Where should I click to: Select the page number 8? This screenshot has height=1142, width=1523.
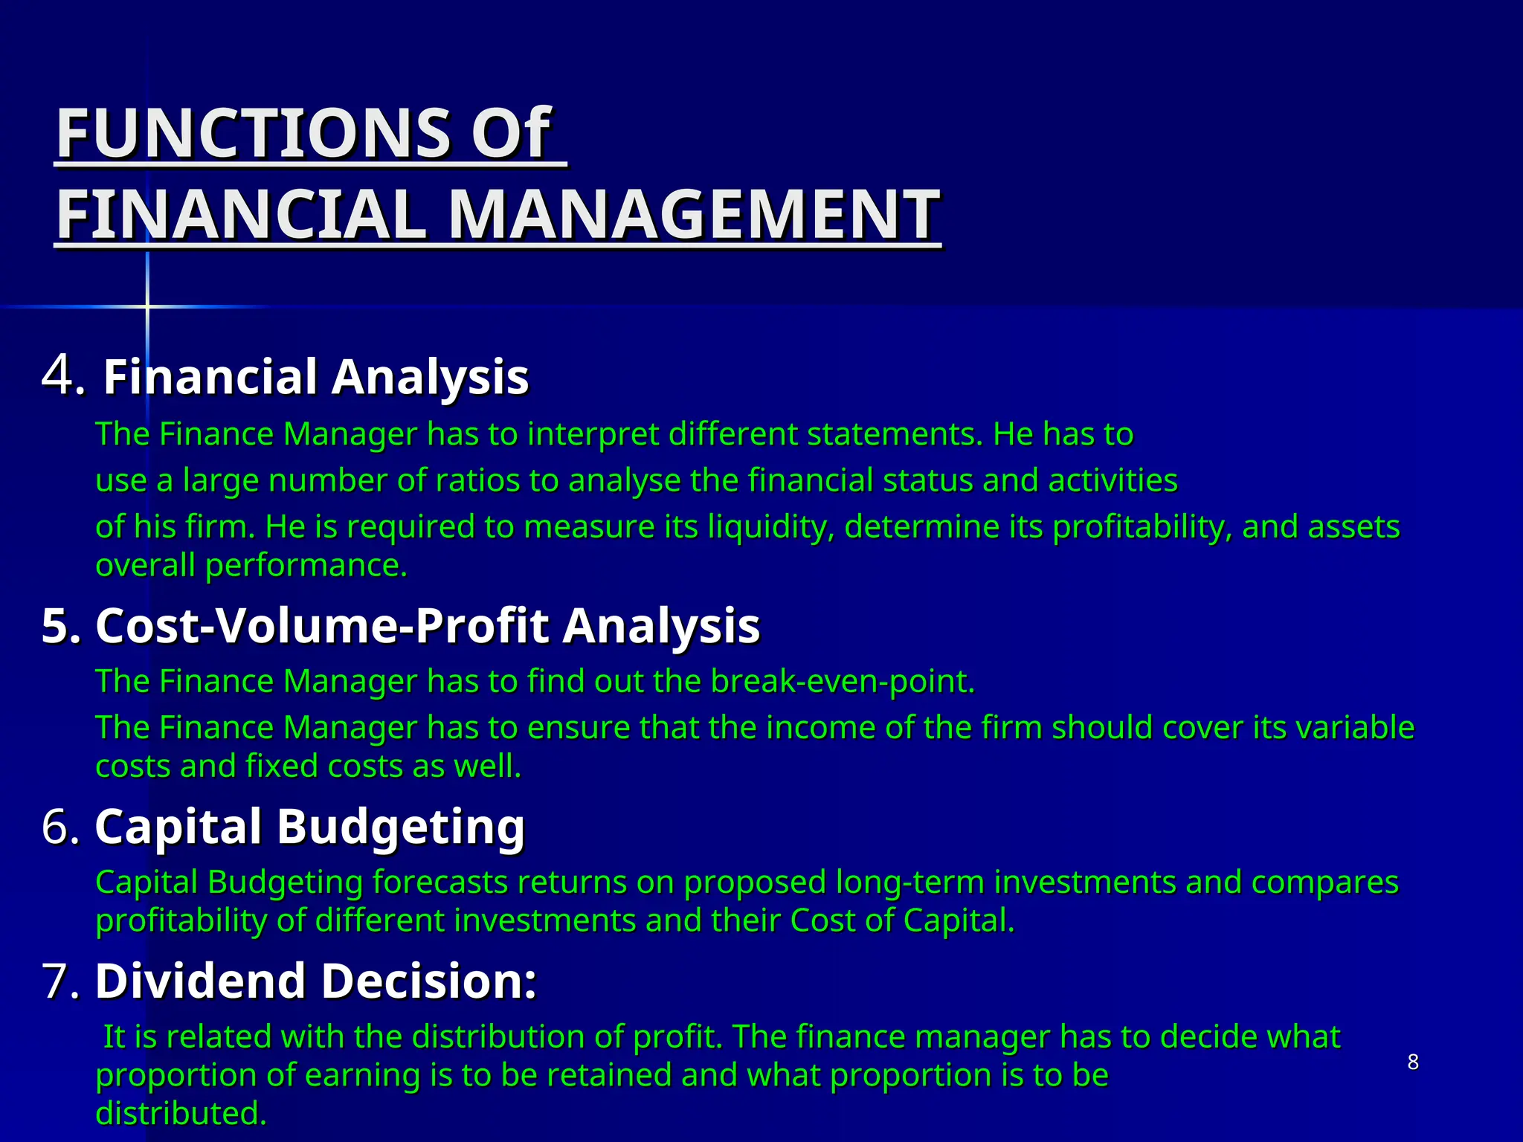[x=1413, y=1062]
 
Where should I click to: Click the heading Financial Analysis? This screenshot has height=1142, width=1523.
[x=315, y=377]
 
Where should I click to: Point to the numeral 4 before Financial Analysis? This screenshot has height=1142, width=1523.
[x=58, y=374]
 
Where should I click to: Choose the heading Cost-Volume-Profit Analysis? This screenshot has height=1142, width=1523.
[x=428, y=626]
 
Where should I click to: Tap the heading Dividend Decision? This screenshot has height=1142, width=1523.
[x=315, y=981]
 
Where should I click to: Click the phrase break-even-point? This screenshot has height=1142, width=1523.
[x=842, y=682]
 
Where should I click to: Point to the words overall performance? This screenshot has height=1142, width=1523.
[x=251, y=566]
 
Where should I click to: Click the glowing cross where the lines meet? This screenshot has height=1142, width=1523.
[x=147, y=306]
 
